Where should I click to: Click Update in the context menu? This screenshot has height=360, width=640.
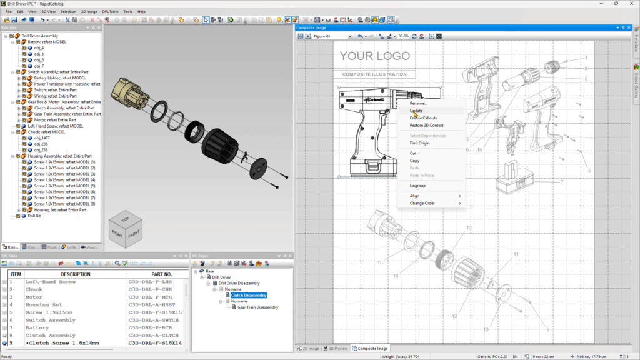pos(416,111)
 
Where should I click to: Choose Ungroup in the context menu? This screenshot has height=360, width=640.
pos(417,186)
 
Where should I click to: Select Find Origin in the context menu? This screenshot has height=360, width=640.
pos(420,143)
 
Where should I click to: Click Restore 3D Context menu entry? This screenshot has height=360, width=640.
pos(426,125)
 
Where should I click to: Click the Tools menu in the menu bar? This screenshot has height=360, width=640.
pos(127,11)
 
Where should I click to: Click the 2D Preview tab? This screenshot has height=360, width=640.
pos(338,348)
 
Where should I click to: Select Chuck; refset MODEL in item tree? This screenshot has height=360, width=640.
pos(46,132)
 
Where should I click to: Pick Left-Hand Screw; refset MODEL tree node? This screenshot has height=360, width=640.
pos(55,126)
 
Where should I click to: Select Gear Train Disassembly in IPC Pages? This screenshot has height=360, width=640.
pos(257,307)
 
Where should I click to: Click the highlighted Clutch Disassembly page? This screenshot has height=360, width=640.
pos(249,295)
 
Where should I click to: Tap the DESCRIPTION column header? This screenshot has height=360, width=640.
pos(75,274)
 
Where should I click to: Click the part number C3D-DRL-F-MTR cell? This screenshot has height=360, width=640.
pos(151,297)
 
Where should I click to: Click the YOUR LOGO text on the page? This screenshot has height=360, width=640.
pos(374,56)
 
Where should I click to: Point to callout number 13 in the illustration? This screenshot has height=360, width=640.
pos(468,227)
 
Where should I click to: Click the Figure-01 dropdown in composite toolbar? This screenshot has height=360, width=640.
pos(332,36)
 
